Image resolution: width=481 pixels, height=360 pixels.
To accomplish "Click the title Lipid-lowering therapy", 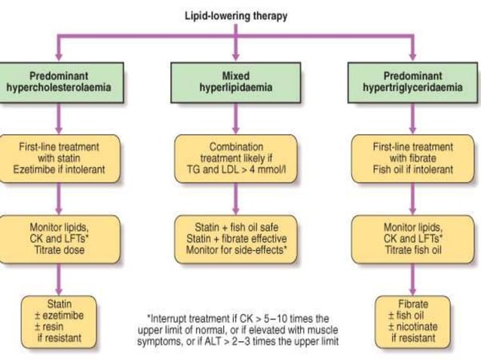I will (236, 15).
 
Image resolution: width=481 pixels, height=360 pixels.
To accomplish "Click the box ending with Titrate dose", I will (60, 238).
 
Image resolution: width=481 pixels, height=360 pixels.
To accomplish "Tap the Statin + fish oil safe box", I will (236, 238).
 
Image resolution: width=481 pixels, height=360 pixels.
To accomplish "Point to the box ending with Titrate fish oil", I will (413, 238).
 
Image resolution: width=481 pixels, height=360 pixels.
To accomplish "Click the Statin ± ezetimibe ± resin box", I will (60, 322).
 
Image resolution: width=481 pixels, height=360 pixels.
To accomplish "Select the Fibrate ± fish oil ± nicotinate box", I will (413, 322).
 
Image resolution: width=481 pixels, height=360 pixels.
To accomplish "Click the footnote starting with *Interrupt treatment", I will (236, 330).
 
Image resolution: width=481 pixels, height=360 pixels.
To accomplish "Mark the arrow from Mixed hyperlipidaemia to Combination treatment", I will (236, 119).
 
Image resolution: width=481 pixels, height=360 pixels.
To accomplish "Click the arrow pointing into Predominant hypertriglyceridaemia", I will (413, 49).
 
